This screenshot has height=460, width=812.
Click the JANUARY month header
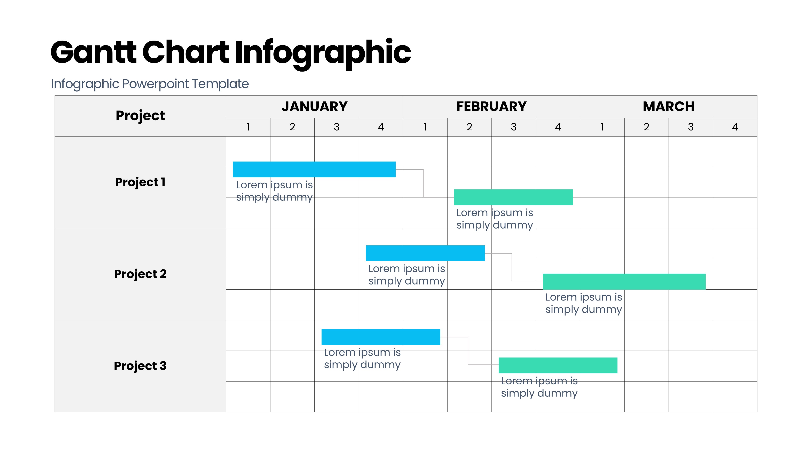(x=314, y=106)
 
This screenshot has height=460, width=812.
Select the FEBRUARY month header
(x=491, y=106)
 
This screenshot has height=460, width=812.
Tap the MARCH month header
(x=668, y=106)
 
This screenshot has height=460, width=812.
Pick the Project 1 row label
(x=140, y=182)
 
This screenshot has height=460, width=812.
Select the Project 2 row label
(x=140, y=274)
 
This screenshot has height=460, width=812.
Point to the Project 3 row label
(x=140, y=366)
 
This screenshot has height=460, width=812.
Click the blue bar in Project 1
(x=314, y=169)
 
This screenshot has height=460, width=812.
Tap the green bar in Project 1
(x=513, y=197)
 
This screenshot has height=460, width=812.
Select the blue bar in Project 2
(x=425, y=253)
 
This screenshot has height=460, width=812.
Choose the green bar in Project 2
(x=624, y=281)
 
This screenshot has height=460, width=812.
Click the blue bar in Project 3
(x=381, y=337)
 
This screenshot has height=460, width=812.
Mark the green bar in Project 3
(x=558, y=365)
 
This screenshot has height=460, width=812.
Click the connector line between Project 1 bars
(x=423, y=183)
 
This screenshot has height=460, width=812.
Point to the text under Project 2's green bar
(x=584, y=303)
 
